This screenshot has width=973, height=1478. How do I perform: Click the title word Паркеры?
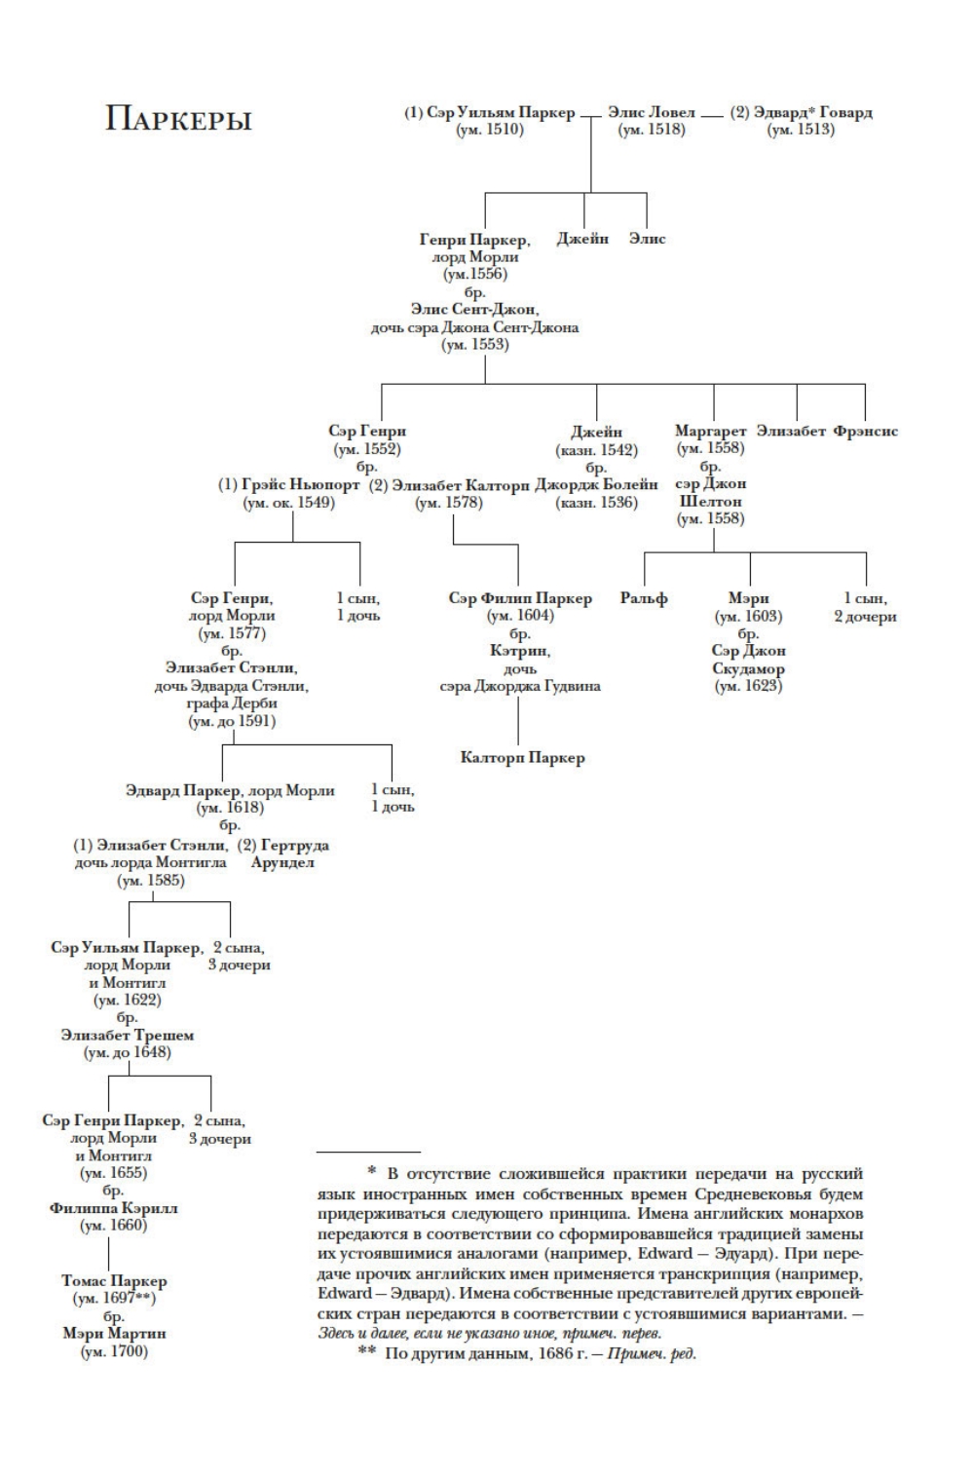[178, 120]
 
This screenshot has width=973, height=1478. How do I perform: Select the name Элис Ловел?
[652, 113]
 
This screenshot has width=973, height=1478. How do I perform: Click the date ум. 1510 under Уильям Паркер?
[490, 130]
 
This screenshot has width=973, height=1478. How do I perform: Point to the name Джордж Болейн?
[596, 485]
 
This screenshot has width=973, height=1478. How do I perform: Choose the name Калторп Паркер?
[522, 757]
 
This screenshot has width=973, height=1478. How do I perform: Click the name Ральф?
[644, 598]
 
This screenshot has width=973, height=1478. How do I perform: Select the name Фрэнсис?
[866, 431]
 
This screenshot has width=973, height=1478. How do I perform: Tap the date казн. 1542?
[596, 450]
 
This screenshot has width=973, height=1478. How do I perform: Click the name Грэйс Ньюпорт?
[297, 485]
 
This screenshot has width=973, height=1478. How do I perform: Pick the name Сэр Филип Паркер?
[520, 598]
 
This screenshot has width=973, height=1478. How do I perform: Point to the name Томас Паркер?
[114, 1281]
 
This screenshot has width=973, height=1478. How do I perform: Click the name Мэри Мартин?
[114, 1333]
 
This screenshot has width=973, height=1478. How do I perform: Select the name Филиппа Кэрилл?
[114, 1208]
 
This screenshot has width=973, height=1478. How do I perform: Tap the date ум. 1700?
[114, 1350]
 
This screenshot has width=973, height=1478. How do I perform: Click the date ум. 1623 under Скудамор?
[748, 686]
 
